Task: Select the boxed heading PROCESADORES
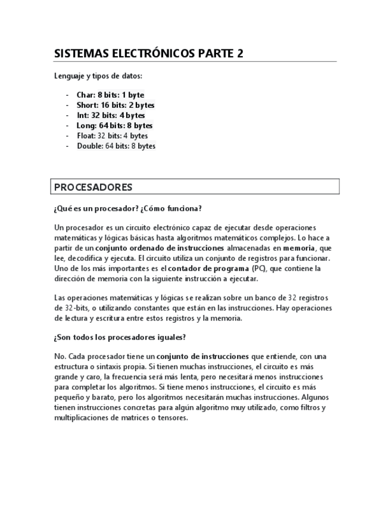point(93,187)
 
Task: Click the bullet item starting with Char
point(110,95)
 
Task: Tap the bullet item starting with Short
point(116,105)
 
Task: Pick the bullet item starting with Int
point(111,115)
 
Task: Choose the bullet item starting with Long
point(114,126)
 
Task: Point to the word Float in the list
point(86,136)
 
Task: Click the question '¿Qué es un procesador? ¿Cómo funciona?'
point(127,208)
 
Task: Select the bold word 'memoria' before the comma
point(299,248)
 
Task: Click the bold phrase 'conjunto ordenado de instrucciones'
point(160,248)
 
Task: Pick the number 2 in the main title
point(240,54)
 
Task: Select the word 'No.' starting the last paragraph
point(60,357)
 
